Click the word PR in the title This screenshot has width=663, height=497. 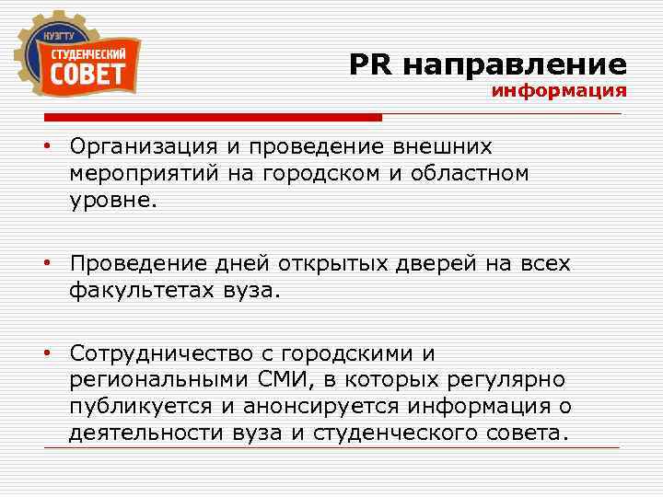click(x=371, y=64)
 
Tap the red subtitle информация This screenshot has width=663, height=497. click(x=559, y=92)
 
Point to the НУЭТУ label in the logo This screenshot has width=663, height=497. click(x=59, y=36)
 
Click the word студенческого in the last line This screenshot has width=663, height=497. click(x=411, y=433)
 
